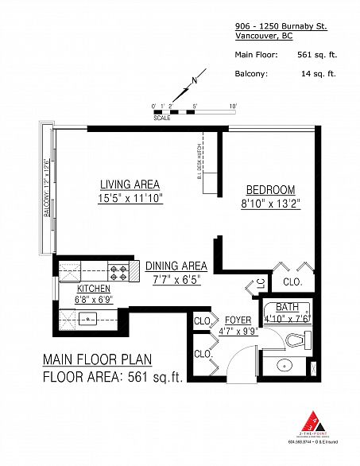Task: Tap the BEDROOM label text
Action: (x=270, y=190)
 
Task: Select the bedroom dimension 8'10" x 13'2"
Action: (x=270, y=203)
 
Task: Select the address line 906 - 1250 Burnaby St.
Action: (x=281, y=26)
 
